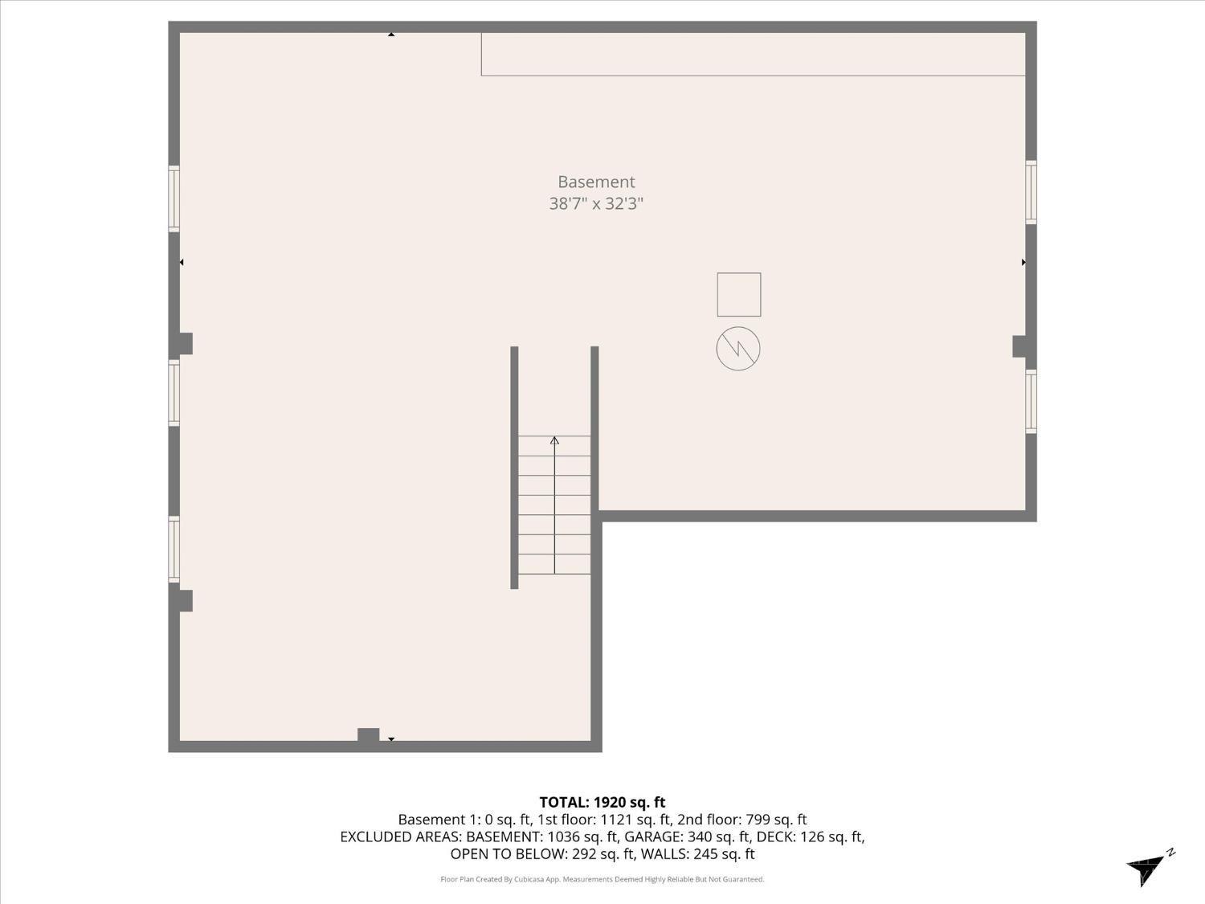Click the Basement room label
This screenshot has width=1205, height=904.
click(x=596, y=182)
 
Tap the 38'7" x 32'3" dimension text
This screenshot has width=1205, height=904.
click(x=596, y=203)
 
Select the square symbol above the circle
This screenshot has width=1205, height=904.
click(x=738, y=294)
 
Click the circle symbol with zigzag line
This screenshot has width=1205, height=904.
click(x=738, y=349)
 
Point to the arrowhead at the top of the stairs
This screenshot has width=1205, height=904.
click(x=554, y=440)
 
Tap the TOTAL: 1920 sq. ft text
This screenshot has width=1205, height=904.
click(x=602, y=802)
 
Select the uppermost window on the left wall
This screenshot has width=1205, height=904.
click(x=174, y=198)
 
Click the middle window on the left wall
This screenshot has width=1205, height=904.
click(x=174, y=392)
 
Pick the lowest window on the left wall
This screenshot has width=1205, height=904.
click(x=174, y=550)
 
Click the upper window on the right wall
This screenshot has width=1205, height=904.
click(x=1031, y=192)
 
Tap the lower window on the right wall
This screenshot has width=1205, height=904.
click(x=1031, y=401)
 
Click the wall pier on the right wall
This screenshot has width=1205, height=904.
click(x=1020, y=346)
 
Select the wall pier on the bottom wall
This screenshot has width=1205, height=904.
click(x=368, y=734)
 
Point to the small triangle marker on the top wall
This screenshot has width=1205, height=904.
click(x=391, y=35)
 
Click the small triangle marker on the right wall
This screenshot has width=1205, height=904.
click(x=1023, y=262)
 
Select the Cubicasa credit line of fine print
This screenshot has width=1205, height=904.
click(x=602, y=879)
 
